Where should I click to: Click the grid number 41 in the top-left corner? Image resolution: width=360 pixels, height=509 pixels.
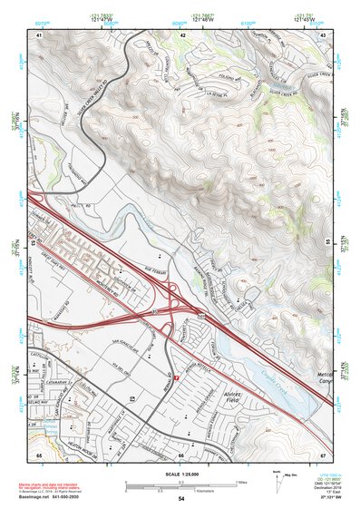tap(39, 34)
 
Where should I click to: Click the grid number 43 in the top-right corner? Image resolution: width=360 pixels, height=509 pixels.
tap(324, 34)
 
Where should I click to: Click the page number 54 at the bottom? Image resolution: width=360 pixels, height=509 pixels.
tap(181, 499)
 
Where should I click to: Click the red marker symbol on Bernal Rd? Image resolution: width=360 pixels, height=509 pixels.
tap(179, 367)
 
